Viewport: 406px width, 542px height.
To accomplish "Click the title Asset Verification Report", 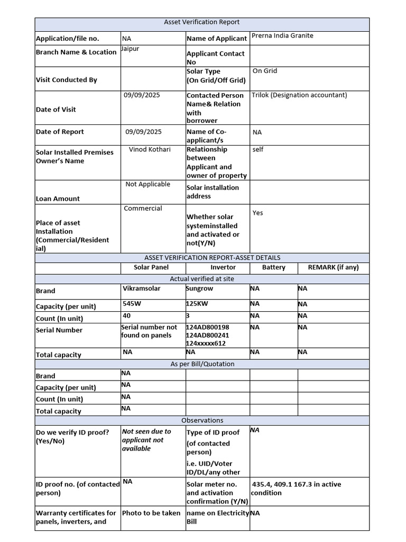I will click(x=202, y=22).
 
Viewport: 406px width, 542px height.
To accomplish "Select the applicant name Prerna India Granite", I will click(x=282, y=35).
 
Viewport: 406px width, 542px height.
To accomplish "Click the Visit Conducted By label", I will click(x=67, y=80).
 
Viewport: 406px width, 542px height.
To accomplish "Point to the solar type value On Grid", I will click(x=264, y=71).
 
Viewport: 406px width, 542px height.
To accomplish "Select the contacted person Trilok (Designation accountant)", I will click(x=299, y=95).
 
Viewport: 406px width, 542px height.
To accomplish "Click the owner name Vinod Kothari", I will click(x=150, y=149).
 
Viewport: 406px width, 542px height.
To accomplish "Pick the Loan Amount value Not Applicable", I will click(x=147, y=184).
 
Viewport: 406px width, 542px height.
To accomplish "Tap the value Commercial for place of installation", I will click(x=143, y=209).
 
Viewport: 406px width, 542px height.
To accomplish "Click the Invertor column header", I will click(x=223, y=267).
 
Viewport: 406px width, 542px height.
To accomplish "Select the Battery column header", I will click(x=273, y=267).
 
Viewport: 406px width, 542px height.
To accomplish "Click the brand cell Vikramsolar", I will click(x=141, y=288).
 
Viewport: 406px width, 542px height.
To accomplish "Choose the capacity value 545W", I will click(x=132, y=304).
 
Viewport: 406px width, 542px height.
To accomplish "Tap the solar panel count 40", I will click(x=126, y=315).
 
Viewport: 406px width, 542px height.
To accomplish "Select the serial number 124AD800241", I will click(x=207, y=335).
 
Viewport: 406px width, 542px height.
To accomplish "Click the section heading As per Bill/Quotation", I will click(x=202, y=364).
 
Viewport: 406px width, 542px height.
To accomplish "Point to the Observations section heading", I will click(x=202, y=420).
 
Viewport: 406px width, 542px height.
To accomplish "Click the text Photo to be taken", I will click(x=151, y=513).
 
